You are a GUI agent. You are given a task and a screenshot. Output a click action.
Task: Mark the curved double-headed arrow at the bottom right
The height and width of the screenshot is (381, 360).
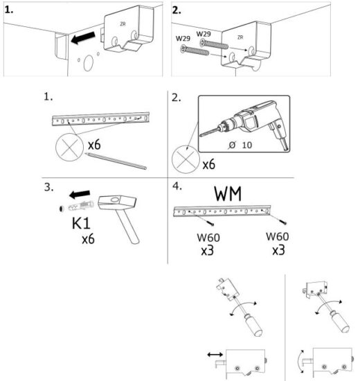click(x=299, y=360)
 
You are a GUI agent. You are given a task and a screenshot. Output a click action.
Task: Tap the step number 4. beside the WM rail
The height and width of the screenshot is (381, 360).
click(x=177, y=186)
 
